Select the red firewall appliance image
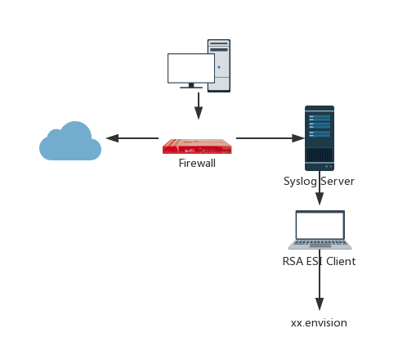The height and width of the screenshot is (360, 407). (x=197, y=140)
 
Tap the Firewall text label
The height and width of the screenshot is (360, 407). (x=197, y=164)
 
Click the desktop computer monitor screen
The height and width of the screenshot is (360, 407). (x=190, y=68)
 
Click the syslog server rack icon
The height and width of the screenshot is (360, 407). (x=319, y=137)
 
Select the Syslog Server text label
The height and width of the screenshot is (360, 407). (x=319, y=182)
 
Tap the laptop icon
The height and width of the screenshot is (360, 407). (x=320, y=230)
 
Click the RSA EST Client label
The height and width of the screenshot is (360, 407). (x=319, y=262)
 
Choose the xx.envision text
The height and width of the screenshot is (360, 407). (x=319, y=323)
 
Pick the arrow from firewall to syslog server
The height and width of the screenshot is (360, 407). (x=269, y=138)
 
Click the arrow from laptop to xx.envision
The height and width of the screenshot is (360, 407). (x=319, y=290)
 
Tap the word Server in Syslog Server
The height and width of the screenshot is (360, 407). (x=336, y=182)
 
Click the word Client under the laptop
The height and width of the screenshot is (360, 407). (x=339, y=262)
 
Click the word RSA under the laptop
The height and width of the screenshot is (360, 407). (x=292, y=262)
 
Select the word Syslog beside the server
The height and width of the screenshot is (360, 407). (x=299, y=182)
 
